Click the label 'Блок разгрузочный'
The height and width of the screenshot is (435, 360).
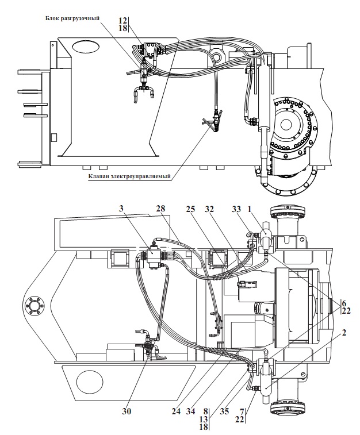point(72,18)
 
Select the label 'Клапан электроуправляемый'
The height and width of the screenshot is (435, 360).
point(129,176)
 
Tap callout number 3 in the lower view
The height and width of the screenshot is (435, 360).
point(121,209)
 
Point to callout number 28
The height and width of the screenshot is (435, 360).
point(160,209)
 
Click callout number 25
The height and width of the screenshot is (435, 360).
point(191,209)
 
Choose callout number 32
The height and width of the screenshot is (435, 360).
point(209,209)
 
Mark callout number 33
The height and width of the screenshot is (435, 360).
point(236,209)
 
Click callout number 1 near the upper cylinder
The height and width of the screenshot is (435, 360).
point(249,209)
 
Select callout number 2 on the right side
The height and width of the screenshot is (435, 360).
point(344,332)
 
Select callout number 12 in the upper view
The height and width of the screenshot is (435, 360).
point(122,21)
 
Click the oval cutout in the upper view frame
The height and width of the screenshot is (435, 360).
point(86,47)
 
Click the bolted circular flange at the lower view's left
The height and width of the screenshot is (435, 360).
point(35,306)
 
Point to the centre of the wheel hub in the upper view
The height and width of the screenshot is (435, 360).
point(286,124)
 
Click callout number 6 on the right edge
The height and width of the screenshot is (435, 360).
point(344,303)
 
